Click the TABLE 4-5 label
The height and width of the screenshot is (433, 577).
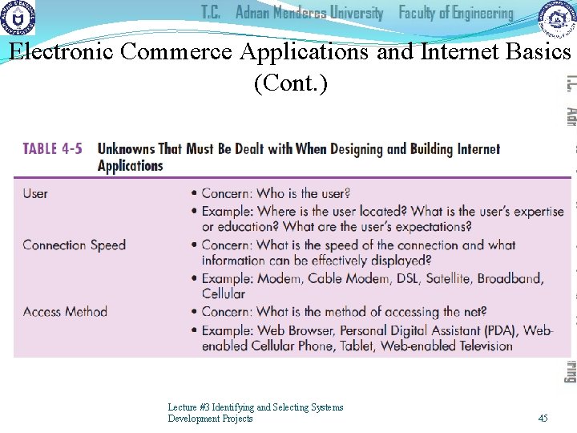[x=52, y=149]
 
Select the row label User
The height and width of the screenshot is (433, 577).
[x=35, y=193]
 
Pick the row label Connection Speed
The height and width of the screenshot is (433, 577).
[x=75, y=245]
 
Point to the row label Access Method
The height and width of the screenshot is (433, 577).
[x=65, y=311]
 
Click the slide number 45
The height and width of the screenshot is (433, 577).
[x=543, y=419]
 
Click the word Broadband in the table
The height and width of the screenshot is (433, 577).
[x=510, y=278]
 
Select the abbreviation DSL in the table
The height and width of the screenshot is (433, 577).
[x=390, y=278]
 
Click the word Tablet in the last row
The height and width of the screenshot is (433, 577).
[x=355, y=346]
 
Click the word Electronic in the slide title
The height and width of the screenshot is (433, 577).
[x=62, y=52]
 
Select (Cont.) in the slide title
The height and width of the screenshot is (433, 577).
[x=290, y=83]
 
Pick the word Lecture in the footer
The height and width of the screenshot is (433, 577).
[x=183, y=407]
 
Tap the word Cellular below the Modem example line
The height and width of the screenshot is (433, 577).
[x=224, y=293]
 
